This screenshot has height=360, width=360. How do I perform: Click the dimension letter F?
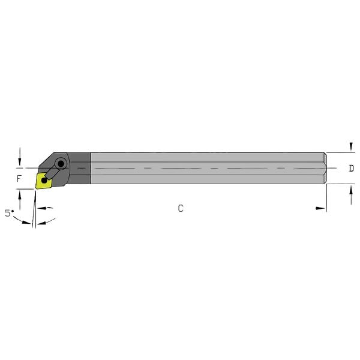[x=19, y=179]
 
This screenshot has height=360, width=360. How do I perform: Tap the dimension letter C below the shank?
[x=180, y=208]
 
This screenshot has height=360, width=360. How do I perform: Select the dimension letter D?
[x=351, y=169]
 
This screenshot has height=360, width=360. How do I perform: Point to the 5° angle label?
[x=8, y=213]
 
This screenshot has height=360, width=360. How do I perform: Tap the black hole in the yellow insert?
[x=45, y=179]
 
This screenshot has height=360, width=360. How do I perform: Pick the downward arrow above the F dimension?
[x=20, y=158]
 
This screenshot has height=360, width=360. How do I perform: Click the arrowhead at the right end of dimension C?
[x=320, y=208]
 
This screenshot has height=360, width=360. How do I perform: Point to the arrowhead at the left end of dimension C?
[x=43, y=208]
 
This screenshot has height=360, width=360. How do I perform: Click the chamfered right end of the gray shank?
[x=324, y=168]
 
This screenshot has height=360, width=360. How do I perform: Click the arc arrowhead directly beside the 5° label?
[x=26, y=222]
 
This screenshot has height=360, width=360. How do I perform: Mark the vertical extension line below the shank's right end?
[x=326, y=198]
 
